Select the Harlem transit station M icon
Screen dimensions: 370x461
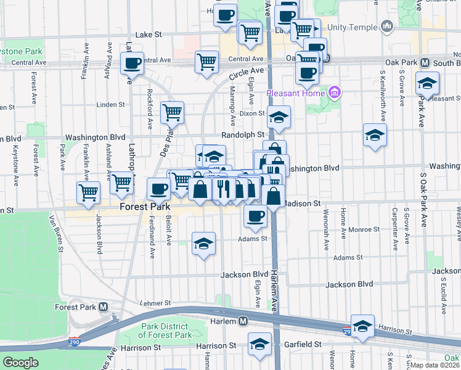tap(243, 321)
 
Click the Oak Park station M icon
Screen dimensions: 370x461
tap(425, 63)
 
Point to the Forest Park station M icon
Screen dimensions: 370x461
tap(103, 307)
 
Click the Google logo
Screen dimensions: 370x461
tap(20, 363)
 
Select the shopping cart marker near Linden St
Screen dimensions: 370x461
tap(173, 112)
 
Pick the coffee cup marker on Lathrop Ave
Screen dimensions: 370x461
tap(133, 62)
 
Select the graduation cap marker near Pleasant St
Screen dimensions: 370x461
tap(427, 82)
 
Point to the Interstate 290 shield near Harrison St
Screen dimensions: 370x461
tap(347, 332)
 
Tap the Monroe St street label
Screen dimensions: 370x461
tap(362, 229)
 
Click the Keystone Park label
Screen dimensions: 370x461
tap(21, 52)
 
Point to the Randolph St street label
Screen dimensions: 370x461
tap(243, 134)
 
